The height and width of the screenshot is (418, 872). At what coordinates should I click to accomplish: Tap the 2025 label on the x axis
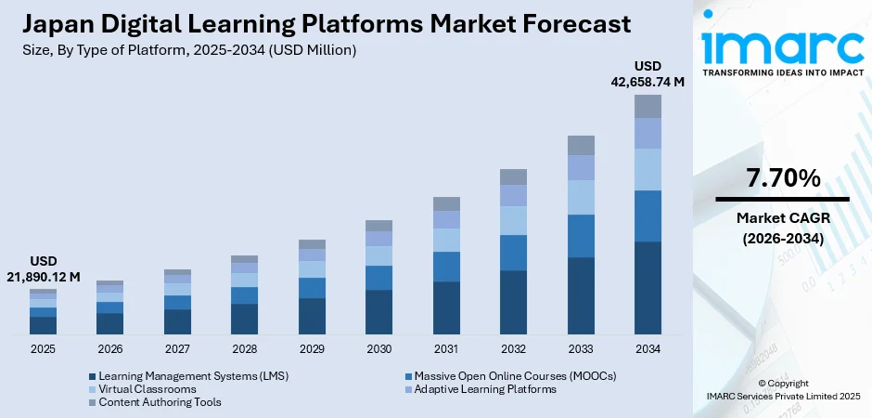43,349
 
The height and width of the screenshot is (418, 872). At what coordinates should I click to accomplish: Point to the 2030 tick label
378,349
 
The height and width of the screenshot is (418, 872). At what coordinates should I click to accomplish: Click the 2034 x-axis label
648,349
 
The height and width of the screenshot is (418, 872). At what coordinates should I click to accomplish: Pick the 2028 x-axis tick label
244,349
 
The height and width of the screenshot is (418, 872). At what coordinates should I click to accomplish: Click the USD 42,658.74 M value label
648,73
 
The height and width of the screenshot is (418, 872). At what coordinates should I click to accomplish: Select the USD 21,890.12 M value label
45,268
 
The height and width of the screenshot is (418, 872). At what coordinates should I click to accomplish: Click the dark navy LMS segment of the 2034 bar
648,288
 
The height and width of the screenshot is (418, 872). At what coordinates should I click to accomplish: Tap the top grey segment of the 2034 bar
648,106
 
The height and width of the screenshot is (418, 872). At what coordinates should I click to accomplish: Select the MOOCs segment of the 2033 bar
581,236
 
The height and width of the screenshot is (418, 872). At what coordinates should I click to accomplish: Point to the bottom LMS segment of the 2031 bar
446,307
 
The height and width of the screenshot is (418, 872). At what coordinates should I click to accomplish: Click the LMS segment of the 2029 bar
312,316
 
